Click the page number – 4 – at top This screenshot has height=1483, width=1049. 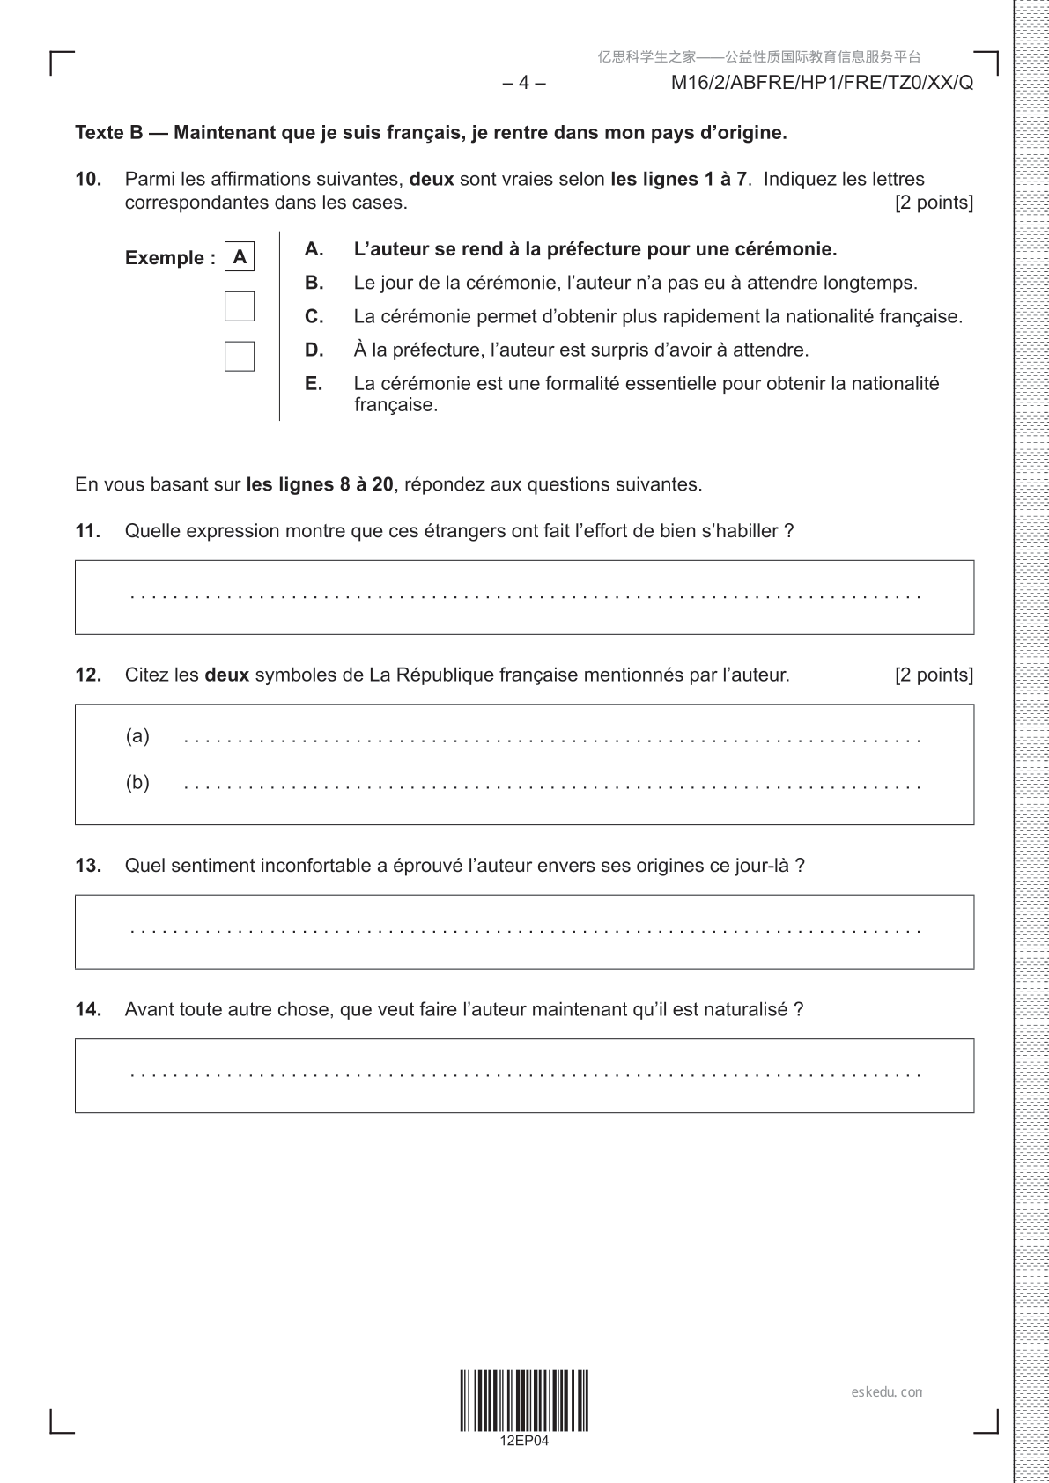(x=524, y=83)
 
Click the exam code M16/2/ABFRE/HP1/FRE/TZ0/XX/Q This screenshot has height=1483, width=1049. (x=822, y=83)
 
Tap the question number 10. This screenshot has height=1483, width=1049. (x=88, y=179)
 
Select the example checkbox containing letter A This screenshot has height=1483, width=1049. (x=240, y=257)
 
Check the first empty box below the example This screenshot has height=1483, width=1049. (x=240, y=306)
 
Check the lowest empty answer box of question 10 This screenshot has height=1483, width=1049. (x=240, y=356)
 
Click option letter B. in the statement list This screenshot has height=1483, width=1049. (x=314, y=283)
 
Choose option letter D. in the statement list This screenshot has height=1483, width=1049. (x=314, y=350)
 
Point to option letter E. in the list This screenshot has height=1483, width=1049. (x=314, y=383)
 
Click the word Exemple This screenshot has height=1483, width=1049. (x=165, y=258)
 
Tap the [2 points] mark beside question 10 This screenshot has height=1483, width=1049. (x=934, y=203)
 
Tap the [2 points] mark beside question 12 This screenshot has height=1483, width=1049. (x=934, y=675)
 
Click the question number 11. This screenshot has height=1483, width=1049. (x=88, y=530)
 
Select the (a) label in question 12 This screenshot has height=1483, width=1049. (x=137, y=735)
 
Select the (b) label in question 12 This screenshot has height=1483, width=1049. (x=137, y=782)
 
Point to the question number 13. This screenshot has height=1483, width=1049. (x=88, y=865)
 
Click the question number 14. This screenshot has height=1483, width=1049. (x=88, y=1009)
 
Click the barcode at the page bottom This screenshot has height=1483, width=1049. (x=524, y=1400)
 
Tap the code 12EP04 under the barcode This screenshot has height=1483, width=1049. (x=524, y=1441)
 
